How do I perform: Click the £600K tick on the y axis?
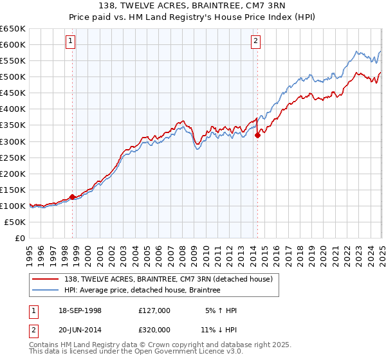pos(13,44)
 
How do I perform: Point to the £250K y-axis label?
pos(13,157)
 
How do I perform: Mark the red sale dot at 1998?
pos(73,197)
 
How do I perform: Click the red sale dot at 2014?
pos(257,134)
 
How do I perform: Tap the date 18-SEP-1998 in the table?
pos(78,310)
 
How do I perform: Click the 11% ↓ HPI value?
pos(218,330)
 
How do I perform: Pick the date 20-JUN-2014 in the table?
pos(78,330)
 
